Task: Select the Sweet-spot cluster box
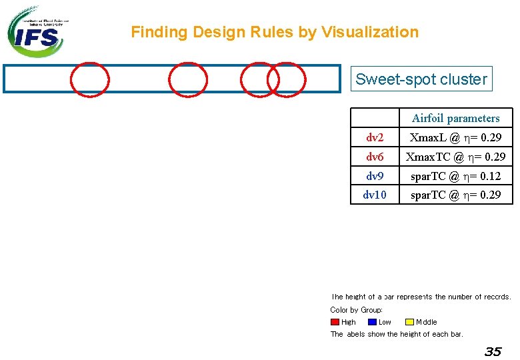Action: (421, 79)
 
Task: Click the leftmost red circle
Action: (90, 80)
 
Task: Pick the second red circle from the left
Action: (187, 80)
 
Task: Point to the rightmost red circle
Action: (286, 80)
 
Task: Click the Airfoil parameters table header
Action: (455, 119)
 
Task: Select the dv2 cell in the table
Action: (375, 138)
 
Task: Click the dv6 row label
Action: (375, 157)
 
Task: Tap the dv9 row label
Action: (375, 177)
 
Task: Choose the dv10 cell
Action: (375, 195)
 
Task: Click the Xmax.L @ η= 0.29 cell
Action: (455, 138)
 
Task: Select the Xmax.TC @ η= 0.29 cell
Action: (455, 157)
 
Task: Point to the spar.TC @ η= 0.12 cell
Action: (455, 177)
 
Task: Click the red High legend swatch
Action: (335, 322)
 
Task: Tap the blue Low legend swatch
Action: (372, 322)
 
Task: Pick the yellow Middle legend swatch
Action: (409, 322)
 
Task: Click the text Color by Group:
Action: (356, 310)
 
